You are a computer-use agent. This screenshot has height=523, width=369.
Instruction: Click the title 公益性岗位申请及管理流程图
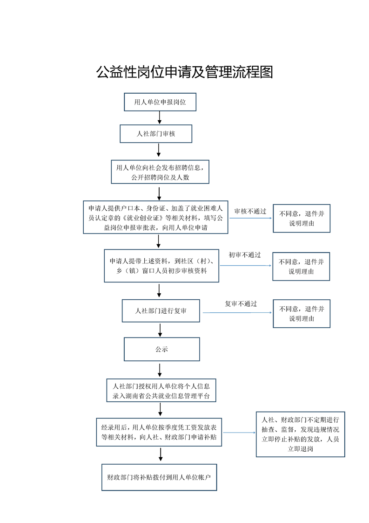coord(184,72)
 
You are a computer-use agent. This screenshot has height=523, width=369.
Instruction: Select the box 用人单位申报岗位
coord(160,102)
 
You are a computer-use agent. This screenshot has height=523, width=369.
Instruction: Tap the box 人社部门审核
coord(156,134)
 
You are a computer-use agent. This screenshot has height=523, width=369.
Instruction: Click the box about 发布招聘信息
coord(160,172)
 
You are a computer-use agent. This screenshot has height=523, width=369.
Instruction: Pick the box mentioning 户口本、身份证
coord(155,217)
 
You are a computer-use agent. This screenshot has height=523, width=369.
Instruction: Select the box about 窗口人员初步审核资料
coord(161,266)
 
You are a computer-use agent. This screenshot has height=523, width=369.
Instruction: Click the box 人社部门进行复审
coord(161,310)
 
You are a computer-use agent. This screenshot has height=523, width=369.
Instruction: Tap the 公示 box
coord(162,349)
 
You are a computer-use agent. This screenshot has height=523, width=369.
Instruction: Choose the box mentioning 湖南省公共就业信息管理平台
coord(161,390)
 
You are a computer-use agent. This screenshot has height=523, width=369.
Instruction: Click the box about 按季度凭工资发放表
coord(159,432)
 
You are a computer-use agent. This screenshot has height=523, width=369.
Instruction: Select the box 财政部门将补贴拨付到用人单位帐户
coord(159,477)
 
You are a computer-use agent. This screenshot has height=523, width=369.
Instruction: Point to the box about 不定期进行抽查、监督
coord(301,434)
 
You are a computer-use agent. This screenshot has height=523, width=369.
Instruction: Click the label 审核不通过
coord(250,211)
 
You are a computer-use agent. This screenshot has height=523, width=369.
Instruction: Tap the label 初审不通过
coord(245,255)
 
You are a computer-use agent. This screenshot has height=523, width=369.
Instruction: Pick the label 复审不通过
coord(241,303)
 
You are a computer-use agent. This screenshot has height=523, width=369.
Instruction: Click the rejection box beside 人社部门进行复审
coord(302,314)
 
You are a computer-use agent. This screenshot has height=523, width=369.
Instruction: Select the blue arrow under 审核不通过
coord(251,218)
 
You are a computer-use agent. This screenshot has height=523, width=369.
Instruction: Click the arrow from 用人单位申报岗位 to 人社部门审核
coord(160,117)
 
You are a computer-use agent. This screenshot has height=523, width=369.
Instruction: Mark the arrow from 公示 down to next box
coord(160,370)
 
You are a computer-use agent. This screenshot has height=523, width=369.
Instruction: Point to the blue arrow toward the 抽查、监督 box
coord(240,433)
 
